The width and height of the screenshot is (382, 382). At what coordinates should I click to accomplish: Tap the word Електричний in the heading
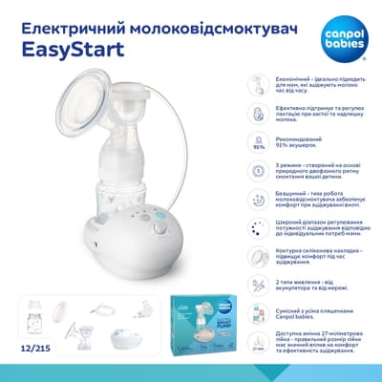(x=66, y=20)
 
